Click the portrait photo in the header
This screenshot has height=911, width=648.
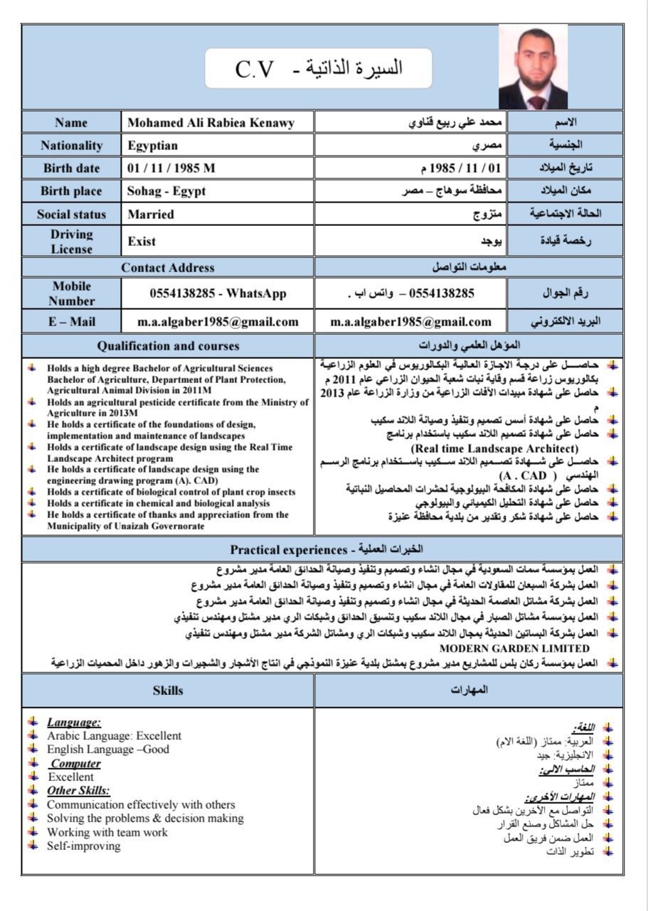533,68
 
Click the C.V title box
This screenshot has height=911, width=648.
318,68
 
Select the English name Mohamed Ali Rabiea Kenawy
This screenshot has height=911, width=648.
210,123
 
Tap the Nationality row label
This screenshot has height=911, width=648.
71,146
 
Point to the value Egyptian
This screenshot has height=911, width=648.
153,146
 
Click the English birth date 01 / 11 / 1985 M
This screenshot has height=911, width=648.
171,168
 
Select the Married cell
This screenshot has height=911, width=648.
151,214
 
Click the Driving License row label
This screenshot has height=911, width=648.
71,241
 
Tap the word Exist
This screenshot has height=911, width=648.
142,242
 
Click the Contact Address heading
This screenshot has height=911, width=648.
168,267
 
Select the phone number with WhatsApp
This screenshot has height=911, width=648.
218,293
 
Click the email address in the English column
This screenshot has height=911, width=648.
218,321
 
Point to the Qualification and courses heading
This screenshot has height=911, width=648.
168,346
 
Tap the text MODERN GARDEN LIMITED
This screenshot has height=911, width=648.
514,648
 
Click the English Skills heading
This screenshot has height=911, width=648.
168,690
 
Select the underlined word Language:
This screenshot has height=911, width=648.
74,722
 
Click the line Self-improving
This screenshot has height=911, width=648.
84,846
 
